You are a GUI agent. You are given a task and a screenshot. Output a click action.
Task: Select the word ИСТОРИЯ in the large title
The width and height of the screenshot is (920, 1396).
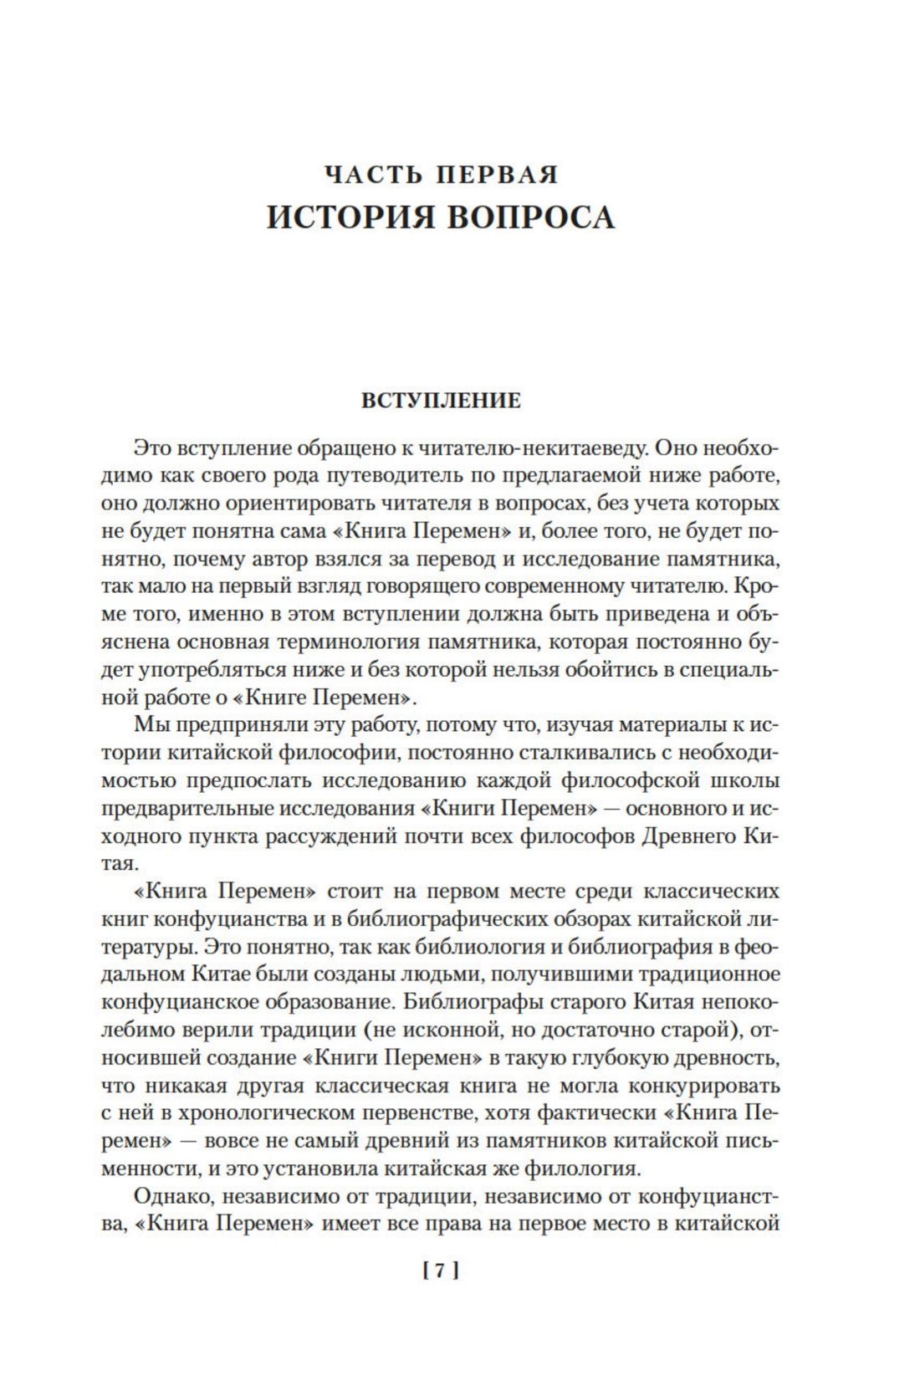click(x=351, y=217)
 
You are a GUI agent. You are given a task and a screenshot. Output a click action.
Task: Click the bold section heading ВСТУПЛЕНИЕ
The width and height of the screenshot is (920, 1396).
click(x=441, y=401)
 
